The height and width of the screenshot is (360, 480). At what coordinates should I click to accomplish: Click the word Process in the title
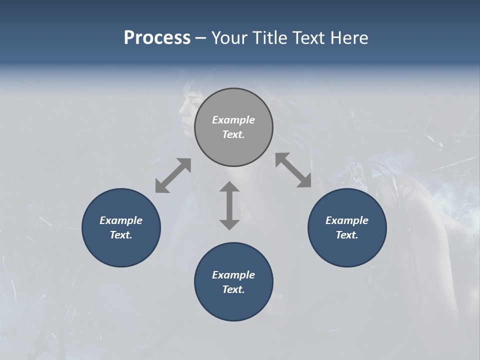(157, 38)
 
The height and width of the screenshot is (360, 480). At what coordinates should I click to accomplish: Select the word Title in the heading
(270, 38)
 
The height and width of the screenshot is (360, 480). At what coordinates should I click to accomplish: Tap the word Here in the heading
(348, 38)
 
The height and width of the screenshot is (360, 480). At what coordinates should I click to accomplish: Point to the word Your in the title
(229, 38)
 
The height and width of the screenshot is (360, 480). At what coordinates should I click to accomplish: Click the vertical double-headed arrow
(229, 205)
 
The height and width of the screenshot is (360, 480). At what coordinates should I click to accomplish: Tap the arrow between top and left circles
(173, 175)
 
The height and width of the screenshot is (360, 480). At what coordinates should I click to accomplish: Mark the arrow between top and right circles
(293, 170)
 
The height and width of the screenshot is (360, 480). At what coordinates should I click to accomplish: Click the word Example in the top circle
(233, 120)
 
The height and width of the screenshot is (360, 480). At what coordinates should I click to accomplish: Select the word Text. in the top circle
(233, 134)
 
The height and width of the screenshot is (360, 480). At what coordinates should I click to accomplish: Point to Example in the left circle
(121, 220)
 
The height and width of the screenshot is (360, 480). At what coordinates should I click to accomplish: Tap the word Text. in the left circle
(121, 235)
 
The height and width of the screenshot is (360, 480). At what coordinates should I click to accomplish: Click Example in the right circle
(347, 220)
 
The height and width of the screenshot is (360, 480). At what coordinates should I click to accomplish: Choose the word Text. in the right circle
(347, 235)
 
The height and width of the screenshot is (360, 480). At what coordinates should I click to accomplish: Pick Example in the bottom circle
(233, 275)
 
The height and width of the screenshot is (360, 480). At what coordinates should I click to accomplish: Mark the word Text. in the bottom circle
(233, 289)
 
